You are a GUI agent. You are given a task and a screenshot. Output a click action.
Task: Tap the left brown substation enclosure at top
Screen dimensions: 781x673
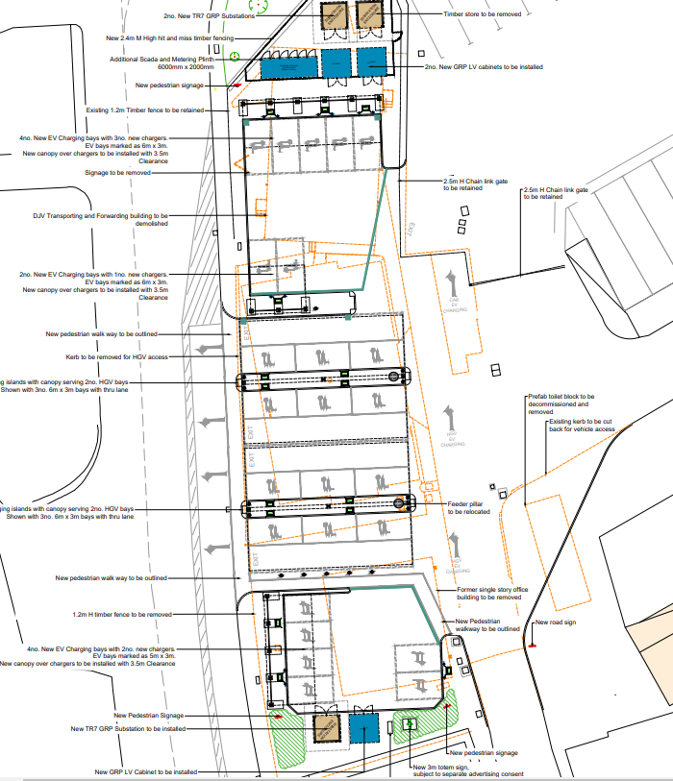pos(334,15)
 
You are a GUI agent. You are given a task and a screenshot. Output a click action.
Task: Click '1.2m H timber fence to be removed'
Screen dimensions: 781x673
pos(121,614)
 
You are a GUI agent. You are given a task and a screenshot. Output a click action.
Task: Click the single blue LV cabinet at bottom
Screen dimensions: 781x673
pos(363,727)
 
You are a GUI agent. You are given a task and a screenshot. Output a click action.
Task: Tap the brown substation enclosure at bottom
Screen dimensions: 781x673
pos(326,727)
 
